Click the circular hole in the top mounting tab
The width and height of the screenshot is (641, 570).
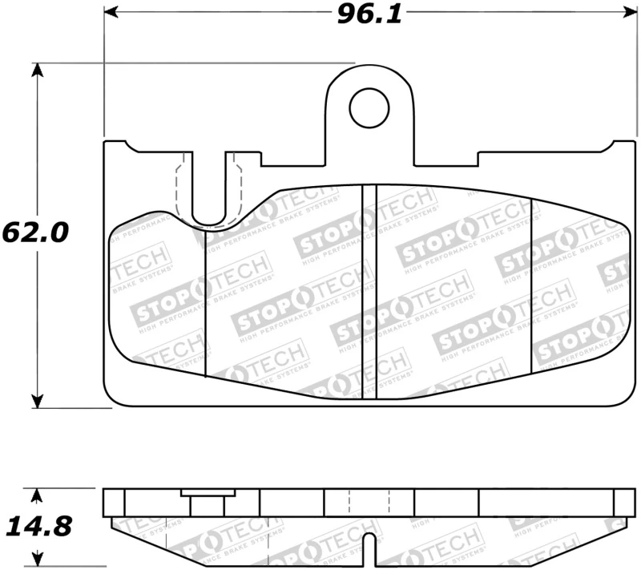tap(369, 108)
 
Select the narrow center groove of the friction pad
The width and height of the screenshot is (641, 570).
tap(369, 293)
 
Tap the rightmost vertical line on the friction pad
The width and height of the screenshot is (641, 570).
tap(532, 285)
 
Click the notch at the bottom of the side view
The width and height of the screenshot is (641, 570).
tap(369, 549)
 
